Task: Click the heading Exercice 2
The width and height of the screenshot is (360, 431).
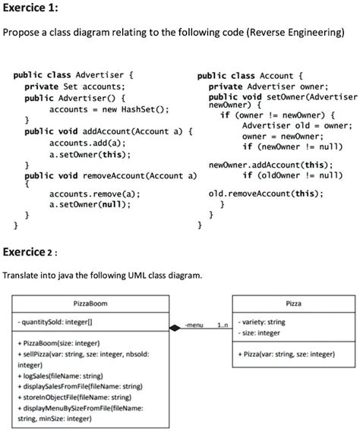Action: [31, 251]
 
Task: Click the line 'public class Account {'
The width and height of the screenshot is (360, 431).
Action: [250, 76]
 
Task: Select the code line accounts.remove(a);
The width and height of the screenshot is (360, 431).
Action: [90, 193]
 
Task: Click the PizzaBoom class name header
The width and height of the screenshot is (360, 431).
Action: [90, 304]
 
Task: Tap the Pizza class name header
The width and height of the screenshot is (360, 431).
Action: [293, 304]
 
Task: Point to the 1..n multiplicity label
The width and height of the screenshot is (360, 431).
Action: [221, 324]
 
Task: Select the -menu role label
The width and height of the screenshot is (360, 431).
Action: [195, 324]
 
